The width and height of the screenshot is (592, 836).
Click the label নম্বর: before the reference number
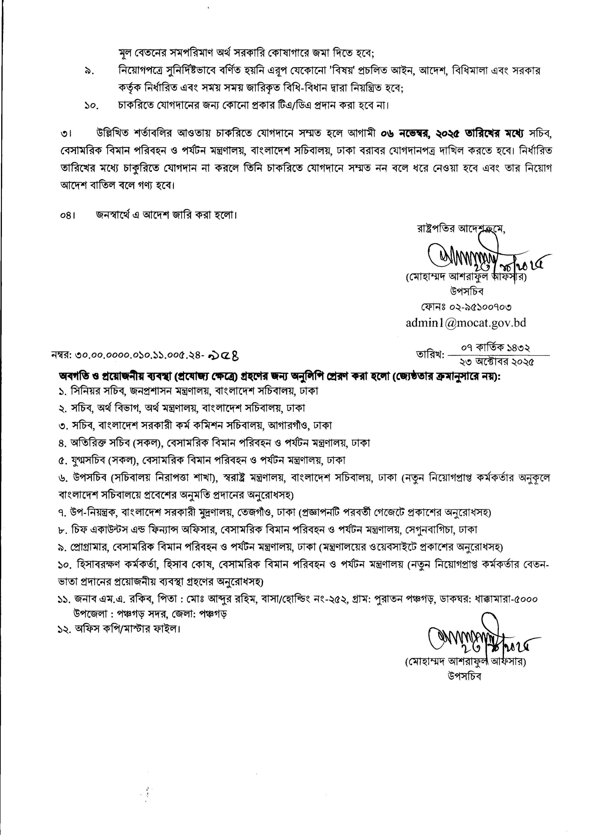pyautogui.click(x=61, y=355)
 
